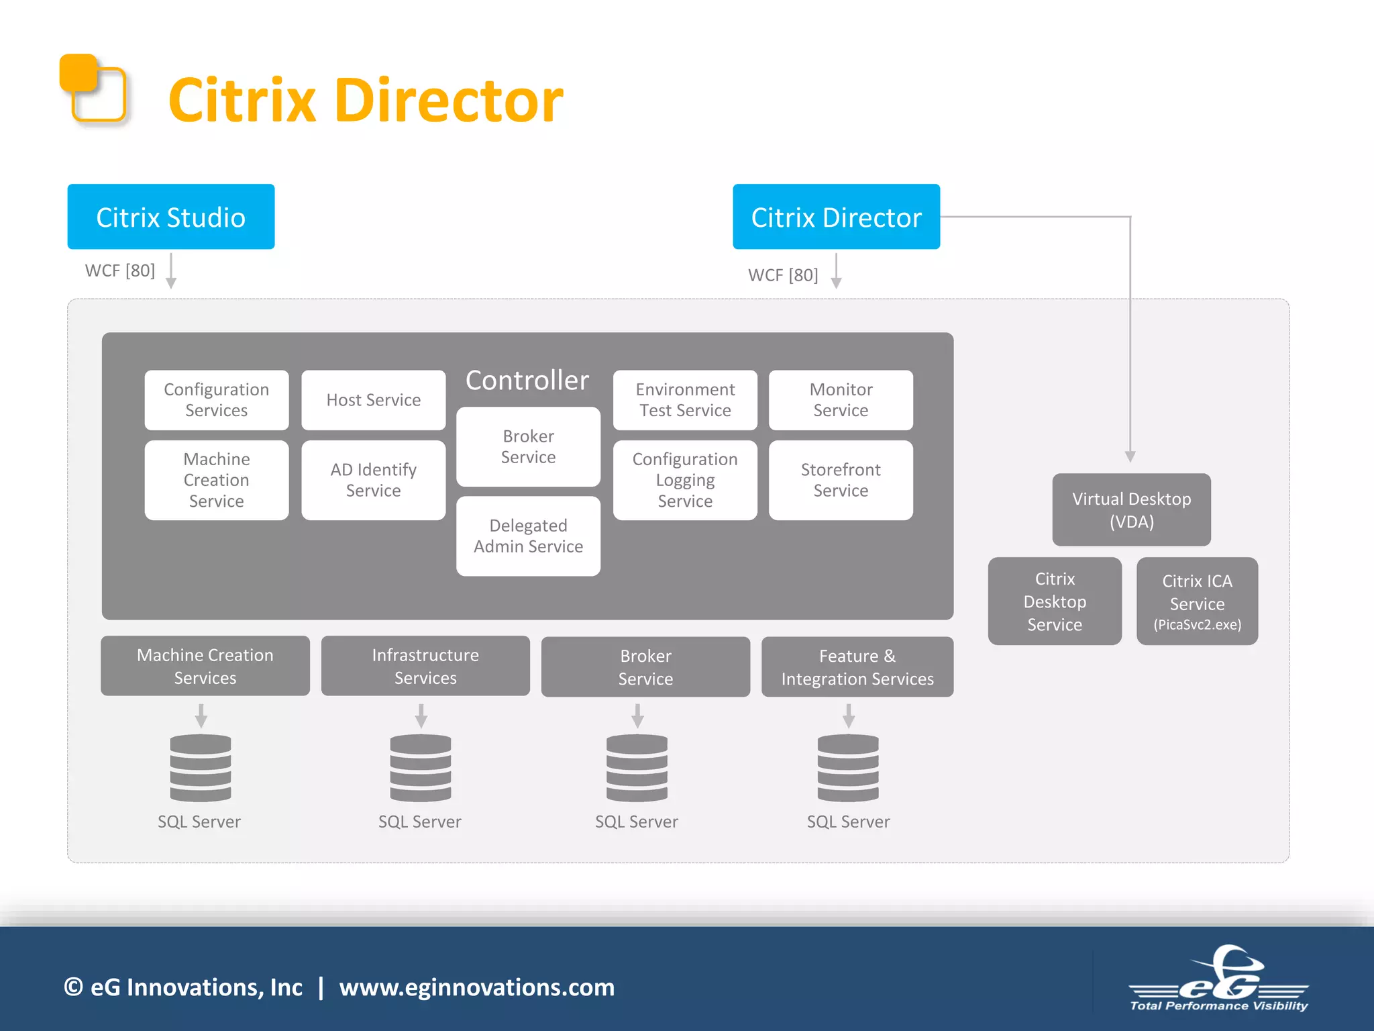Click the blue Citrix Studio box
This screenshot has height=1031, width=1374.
point(170,217)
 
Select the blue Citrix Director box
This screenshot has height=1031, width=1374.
point(835,217)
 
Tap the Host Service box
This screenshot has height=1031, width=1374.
point(373,400)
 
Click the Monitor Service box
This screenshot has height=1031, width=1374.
point(840,400)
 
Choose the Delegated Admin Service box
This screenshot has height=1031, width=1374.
point(528,536)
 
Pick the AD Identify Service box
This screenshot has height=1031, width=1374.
point(373,480)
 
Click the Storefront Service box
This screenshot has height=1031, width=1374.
point(840,480)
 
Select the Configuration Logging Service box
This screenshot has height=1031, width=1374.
point(684,480)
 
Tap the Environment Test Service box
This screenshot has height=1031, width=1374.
point(684,400)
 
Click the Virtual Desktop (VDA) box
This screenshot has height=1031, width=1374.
point(1130,509)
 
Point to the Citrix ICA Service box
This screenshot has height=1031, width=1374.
point(1196,601)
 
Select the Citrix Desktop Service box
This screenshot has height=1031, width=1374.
point(1054,601)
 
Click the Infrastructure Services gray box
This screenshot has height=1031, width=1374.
point(425,666)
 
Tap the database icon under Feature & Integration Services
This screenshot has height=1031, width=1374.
point(847,767)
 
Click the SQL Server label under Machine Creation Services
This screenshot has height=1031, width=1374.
point(199,822)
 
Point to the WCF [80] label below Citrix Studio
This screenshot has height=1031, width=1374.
point(119,271)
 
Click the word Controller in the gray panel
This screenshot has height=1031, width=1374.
point(527,381)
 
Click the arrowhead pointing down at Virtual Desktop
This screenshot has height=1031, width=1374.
point(1130,457)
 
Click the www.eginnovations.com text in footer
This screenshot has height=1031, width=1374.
point(476,987)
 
